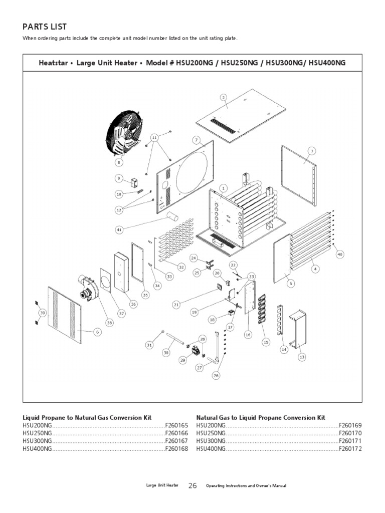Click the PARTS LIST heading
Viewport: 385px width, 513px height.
pyautogui.click(x=45, y=27)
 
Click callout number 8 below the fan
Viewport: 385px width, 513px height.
pyautogui.click(x=119, y=162)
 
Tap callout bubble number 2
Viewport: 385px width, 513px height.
pyautogui.click(x=224, y=98)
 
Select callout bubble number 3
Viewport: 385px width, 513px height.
pyautogui.click(x=311, y=150)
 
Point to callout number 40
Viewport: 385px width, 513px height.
pyautogui.click(x=340, y=254)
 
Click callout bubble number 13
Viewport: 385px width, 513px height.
pyautogui.click(x=301, y=357)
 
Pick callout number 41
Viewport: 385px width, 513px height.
pyautogui.click(x=119, y=230)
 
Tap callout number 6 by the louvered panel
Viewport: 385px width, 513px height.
pyautogui.click(x=97, y=331)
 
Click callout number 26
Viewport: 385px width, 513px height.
pyautogui.click(x=217, y=375)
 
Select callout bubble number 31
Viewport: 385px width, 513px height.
pyautogui.click(x=149, y=345)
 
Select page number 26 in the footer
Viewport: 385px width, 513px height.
pyautogui.click(x=192, y=485)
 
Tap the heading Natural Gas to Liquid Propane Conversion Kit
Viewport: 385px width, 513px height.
pyautogui.click(x=260, y=417)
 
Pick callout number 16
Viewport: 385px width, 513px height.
pyautogui.click(x=248, y=334)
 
